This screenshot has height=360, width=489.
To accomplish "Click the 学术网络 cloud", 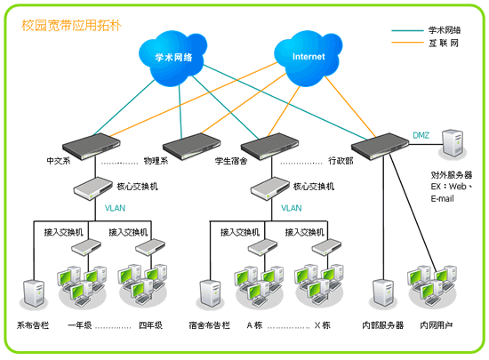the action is click(x=172, y=58).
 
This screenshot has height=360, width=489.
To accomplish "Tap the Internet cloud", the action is click(x=309, y=58).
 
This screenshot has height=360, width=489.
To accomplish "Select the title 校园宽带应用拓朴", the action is click(x=71, y=26).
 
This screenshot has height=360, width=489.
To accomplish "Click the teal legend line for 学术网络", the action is click(x=407, y=30).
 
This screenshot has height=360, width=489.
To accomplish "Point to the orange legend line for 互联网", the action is click(x=407, y=42).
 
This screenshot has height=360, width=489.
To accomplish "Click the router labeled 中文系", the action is click(x=92, y=146).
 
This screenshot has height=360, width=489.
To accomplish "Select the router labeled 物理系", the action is click(x=191, y=146).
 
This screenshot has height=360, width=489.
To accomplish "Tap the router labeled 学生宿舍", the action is click(x=269, y=146).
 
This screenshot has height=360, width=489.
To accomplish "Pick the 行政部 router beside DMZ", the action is click(x=380, y=146).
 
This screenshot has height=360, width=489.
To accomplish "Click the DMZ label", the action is click(x=421, y=135).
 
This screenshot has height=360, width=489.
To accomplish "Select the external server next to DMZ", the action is click(x=453, y=144).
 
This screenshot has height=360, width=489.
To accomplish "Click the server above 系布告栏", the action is click(x=34, y=294).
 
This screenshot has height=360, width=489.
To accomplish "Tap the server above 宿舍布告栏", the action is click(x=210, y=294).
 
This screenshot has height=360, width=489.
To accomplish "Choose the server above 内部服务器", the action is click(x=383, y=294).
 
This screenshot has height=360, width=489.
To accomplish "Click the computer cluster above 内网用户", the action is click(x=433, y=286).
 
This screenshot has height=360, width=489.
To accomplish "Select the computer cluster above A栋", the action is click(x=260, y=286).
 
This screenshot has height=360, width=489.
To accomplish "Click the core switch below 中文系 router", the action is click(x=93, y=188).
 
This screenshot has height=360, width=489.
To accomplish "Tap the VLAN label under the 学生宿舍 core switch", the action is click(x=292, y=208).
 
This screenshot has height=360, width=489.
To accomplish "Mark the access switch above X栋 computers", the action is click(x=327, y=247).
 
